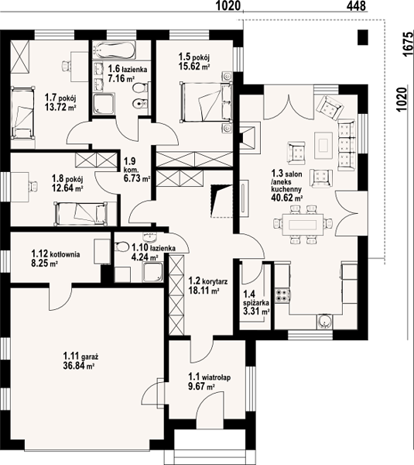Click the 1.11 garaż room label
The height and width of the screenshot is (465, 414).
(x=80, y=356)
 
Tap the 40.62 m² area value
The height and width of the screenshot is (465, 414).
(x=286, y=198)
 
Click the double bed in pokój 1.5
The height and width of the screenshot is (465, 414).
(x=206, y=102)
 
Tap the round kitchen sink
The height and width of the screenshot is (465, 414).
(x=325, y=321)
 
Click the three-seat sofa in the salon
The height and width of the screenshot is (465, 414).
(x=347, y=145)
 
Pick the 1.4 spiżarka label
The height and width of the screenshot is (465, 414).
(x=256, y=298)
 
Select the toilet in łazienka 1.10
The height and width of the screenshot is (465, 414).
(x=121, y=246)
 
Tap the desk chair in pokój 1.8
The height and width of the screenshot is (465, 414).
(x=33, y=187)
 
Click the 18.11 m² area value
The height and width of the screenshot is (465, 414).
(x=204, y=290)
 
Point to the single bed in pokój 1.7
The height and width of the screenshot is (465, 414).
(x=22, y=112)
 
